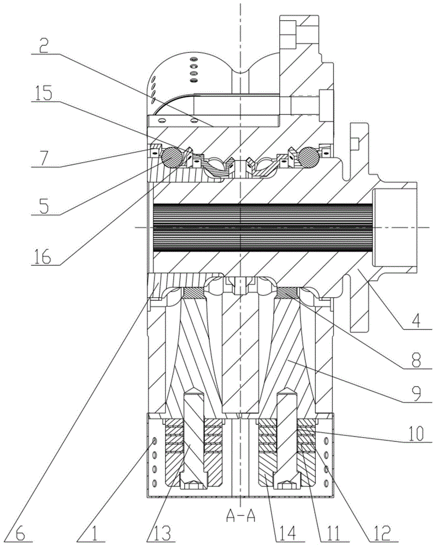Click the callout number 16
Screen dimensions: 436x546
tap(42, 257)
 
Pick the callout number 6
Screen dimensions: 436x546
tap(21, 534)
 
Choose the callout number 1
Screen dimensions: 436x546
tap(93, 534)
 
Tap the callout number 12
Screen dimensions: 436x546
tap(381, 534)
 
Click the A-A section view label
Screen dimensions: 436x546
tap(241, 516)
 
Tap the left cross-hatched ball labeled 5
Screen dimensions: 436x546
tap(171, 157)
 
